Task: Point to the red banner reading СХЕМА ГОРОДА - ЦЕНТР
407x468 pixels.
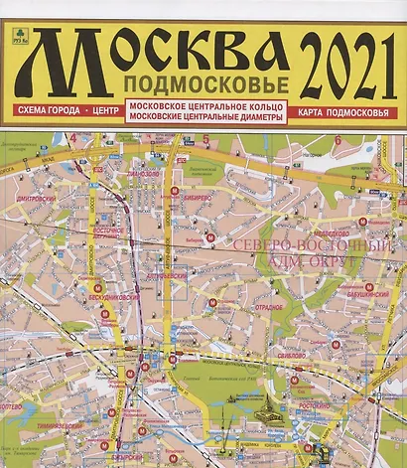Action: (61, 106)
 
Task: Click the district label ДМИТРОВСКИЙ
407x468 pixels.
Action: (40, 197)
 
